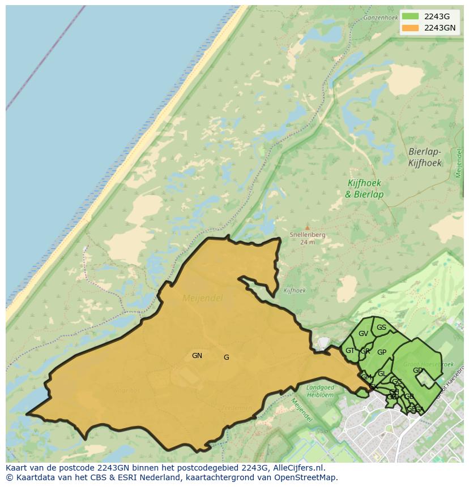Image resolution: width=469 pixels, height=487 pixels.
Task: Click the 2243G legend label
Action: pos(437,16)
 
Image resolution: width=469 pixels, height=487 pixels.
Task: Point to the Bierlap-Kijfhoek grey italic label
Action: pos(424,157)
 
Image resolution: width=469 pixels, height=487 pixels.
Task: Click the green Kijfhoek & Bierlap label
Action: pos(364,189)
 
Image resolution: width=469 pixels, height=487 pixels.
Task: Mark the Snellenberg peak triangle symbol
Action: pos(308,228)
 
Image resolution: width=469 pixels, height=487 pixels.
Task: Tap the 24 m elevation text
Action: pos(307,242)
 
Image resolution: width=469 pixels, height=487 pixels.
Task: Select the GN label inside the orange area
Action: pos(197,356)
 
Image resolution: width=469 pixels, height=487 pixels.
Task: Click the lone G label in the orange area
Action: pos(227,357)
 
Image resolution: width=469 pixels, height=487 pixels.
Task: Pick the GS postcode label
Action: pos(381,327)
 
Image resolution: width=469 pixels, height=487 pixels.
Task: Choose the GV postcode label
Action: pos(363,334)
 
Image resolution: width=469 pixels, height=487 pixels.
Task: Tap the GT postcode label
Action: pos(350,351)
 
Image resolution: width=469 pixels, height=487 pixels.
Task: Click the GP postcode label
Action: pos(382,352)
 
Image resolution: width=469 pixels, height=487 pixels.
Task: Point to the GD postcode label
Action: pos(417,370)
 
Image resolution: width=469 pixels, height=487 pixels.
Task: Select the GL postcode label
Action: pos(382,374)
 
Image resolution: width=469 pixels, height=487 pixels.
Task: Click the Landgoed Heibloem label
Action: pos(321,390)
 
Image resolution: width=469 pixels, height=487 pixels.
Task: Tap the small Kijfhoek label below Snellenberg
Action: pos(295,291)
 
